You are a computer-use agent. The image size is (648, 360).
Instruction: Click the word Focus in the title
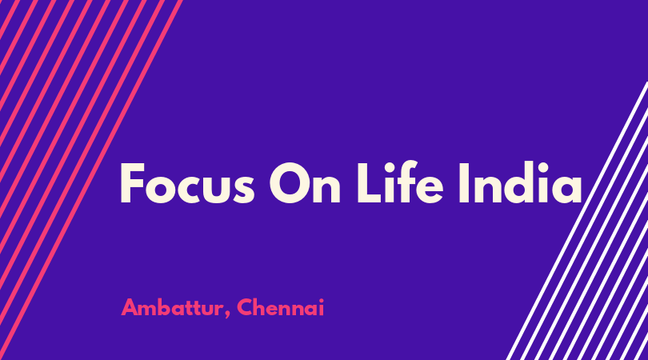187,183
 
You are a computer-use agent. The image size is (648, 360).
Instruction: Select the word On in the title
305,183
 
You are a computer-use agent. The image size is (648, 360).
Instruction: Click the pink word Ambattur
173,307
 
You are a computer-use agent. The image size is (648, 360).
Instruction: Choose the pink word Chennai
281,307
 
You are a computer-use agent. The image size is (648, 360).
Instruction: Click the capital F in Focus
131,183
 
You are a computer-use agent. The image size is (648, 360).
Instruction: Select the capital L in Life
367,183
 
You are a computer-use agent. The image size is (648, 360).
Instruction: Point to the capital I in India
464,183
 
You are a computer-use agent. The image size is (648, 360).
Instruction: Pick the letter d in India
514,182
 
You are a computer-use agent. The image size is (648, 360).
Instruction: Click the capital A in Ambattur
130,307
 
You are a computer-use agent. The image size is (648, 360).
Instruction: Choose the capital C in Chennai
245,307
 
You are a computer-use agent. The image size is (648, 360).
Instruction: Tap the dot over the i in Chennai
322,300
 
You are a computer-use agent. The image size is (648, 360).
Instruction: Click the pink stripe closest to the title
90,180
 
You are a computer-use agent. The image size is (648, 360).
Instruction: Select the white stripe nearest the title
578,221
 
